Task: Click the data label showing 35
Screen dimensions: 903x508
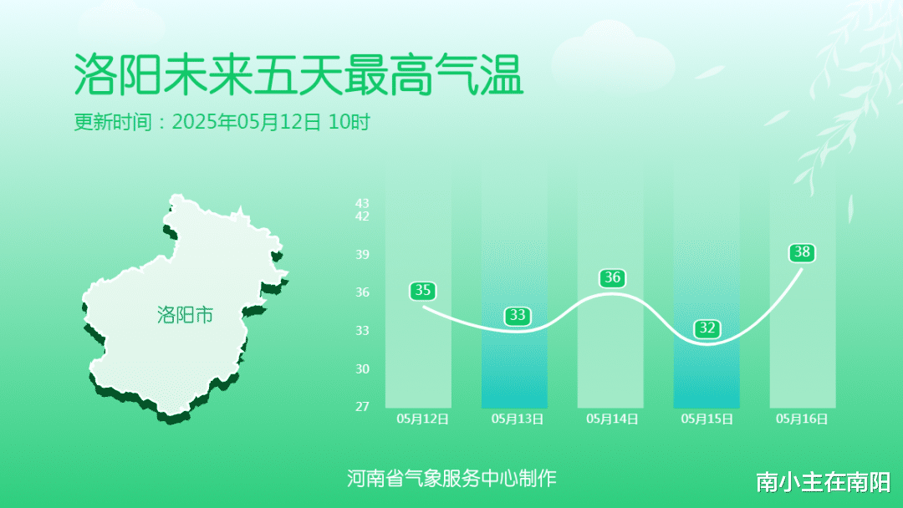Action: point(423,291)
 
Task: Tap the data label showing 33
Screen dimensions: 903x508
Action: point(518,315)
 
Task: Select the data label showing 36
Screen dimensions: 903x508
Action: point(612,278)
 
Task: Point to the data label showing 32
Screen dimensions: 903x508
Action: point(707,328)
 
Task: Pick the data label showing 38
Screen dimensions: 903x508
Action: point(802,252)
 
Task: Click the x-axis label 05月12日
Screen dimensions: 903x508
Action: point(423,419)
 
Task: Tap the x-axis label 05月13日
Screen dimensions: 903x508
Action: point(518,419)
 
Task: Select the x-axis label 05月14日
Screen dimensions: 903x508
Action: point(612,419)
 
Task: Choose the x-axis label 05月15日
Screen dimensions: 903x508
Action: point(707,419)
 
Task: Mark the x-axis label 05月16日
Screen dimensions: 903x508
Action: point(802,419)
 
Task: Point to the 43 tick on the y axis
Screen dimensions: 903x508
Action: point(362,203)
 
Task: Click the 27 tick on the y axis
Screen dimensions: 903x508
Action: point(362,407)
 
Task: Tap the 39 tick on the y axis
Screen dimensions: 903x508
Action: point(362,254)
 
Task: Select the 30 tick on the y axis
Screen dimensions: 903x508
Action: point(362,368)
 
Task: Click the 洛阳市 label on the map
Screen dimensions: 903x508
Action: point(185,315)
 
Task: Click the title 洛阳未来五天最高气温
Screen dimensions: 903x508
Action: point(298,75)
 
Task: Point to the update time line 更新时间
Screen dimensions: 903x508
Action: point(222,122)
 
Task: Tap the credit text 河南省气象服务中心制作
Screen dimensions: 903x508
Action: point(451,478)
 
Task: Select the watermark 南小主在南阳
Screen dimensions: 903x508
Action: point(824,482)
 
